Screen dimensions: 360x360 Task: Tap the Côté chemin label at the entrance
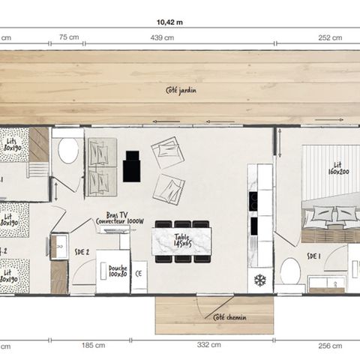coord(229,316)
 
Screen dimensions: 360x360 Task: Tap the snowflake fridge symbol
coord(260,279)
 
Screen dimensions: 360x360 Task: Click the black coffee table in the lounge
coord(132,166)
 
